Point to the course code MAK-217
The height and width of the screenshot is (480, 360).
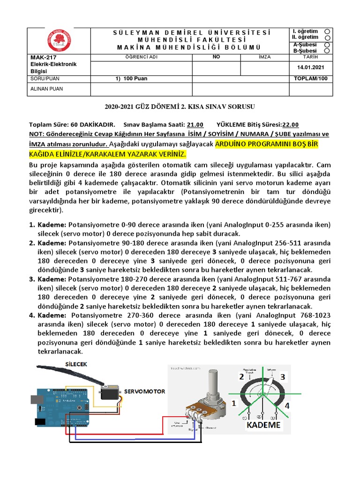[41, 57]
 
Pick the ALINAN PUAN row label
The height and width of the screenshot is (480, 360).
[46, 89]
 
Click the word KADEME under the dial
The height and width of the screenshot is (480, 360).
[263, 425]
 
